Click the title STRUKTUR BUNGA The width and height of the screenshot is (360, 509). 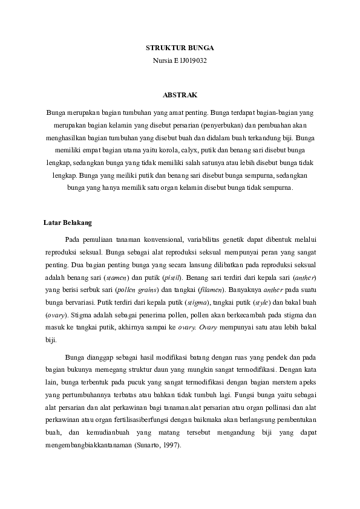(x=180, y=47)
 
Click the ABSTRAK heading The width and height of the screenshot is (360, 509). (x=180, y=94)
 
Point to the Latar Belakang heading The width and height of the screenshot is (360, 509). (x=67, y=222)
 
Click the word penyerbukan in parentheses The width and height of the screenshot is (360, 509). (x=217, y=125)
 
